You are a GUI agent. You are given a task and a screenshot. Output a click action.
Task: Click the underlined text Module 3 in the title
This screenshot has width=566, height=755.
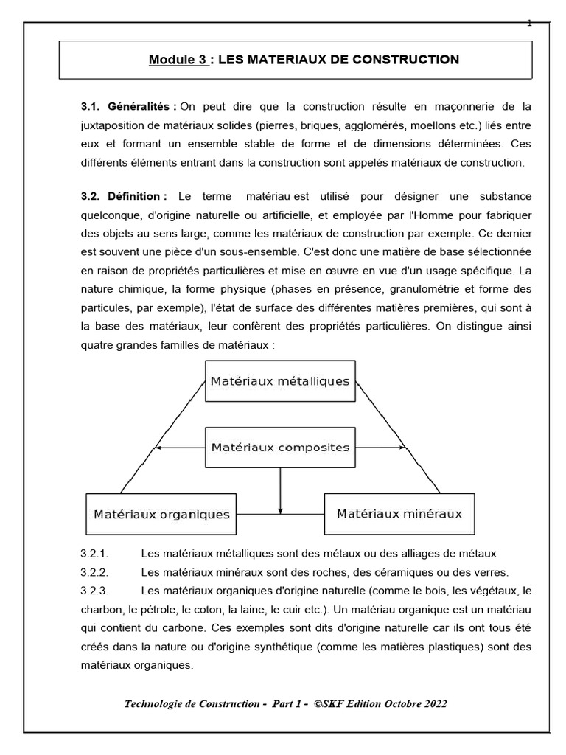click(178, 59)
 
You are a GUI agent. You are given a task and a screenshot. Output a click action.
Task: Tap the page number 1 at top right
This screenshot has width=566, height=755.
click(529, 23)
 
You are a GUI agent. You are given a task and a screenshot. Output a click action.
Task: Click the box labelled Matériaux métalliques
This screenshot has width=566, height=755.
click(280, 381)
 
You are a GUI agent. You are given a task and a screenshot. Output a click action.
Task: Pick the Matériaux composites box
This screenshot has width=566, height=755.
click(280, 447)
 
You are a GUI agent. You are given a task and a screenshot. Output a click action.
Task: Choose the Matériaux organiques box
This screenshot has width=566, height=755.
click(161, 513)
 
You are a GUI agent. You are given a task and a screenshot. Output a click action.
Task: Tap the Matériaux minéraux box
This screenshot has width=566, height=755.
click(399, 513)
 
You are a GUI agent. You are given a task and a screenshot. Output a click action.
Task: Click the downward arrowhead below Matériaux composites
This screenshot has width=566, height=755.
click(280, 509)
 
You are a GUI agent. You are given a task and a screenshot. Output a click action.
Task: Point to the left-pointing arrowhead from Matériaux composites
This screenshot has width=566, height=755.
click(160, 447)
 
